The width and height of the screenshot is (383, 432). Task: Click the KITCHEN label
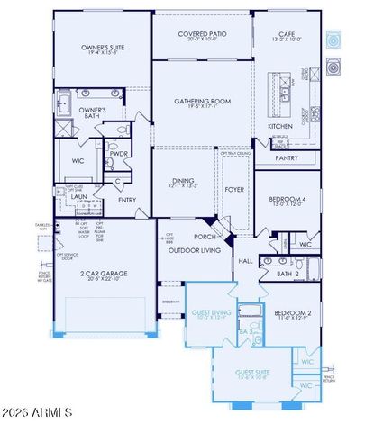pos(280,126)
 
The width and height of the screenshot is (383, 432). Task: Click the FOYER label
pos(233,189)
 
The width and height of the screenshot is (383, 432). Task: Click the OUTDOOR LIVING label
pos(187,250)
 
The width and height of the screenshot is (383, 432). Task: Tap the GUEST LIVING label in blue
pos(208,312)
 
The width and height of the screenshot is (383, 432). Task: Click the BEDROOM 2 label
pos(287,313)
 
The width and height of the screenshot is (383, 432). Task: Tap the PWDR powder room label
pos(119,153)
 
